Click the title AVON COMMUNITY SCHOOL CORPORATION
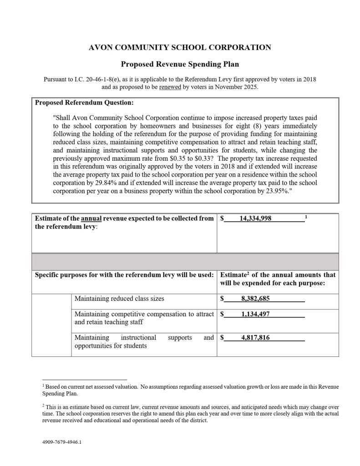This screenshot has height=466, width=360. point(180,47)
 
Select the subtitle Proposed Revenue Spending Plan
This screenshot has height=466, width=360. point(180,65)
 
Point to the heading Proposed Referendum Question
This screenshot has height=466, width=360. point(84,103)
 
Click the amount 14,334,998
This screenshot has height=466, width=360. point(255,218)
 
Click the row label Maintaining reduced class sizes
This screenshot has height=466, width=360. point(119,299)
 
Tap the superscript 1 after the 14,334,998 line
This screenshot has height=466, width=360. point(306,217)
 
